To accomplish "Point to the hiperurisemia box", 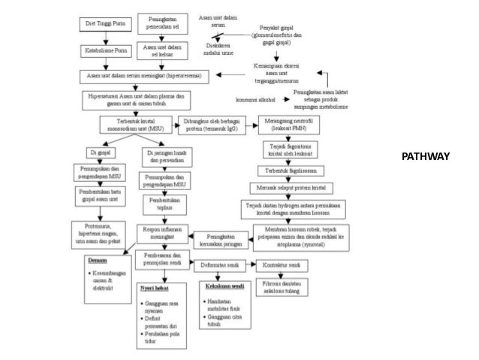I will (x=147, y=76).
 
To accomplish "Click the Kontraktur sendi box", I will (x=282, y=265).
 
